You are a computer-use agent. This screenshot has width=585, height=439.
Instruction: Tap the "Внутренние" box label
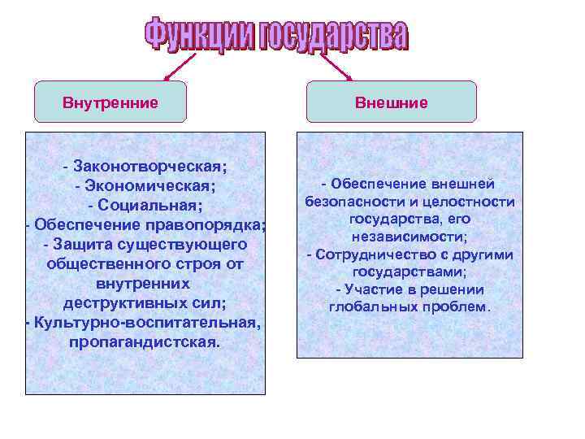[110, 103]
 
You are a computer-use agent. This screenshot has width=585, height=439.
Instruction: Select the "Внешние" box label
[391, 103]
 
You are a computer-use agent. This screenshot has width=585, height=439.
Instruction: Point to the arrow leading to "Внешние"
[335, 66]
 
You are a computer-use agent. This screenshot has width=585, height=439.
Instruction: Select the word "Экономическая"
[150, 185]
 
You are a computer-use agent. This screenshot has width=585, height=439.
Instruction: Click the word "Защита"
[80, 244]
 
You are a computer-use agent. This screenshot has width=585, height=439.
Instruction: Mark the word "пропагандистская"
[144, 341]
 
